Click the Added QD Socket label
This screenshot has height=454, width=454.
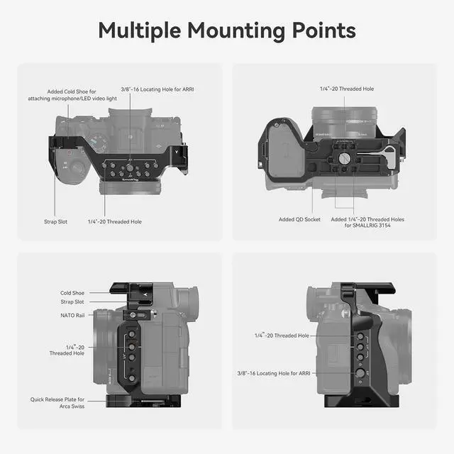(x=299, y=219)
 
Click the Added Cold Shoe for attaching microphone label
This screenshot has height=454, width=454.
(x=72, y=94)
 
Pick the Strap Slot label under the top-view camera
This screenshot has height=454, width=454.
(x=55, y=221)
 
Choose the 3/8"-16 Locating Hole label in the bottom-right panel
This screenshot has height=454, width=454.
(x=273, y=372)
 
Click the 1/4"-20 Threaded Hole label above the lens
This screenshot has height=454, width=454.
(x=346, y=89)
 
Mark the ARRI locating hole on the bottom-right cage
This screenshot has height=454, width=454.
(x=360, y=372)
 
